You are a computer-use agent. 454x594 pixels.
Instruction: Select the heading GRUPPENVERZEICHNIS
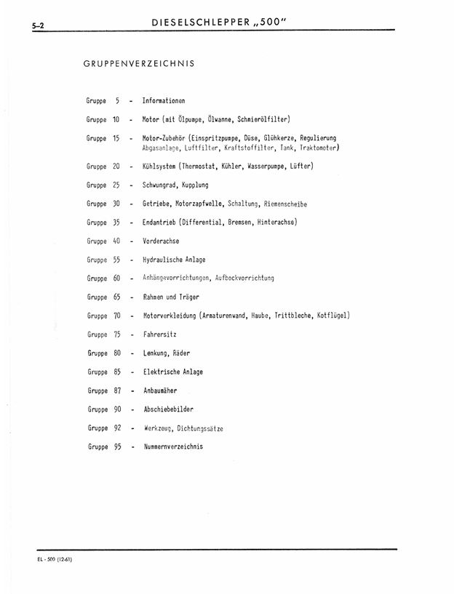[139, 64]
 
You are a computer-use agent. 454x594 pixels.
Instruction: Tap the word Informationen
[164, 101]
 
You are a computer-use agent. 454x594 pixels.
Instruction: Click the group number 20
[116, 166]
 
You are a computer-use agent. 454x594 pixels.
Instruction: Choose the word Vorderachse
[161, 241]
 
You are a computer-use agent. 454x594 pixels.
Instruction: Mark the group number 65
[116, 297]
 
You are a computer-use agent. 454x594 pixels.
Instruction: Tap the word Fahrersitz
[159, 334]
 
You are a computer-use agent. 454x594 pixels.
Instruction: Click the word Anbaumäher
[160, 390]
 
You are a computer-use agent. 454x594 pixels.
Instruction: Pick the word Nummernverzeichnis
[173, 446]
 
